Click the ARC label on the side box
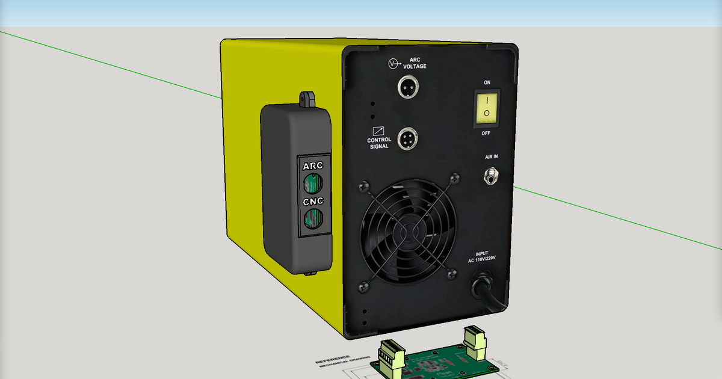pyautogui.click(x=313, y=165)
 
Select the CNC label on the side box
pyautogui.click(x=313, y=202)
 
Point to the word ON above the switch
pyautogui.click(x=487, y=81)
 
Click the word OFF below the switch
pyautogui.click(x=486, y=133)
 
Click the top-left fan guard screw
pyautogui.click(x=363, y=187)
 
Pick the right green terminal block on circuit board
pyautogui.click(x=475, y=338)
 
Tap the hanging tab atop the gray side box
pyautogui.click(x=308, y=98)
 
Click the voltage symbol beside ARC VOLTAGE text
pyautogui.click(x=393, y=63)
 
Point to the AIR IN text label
pyautogui.click(x=492, y=156)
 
